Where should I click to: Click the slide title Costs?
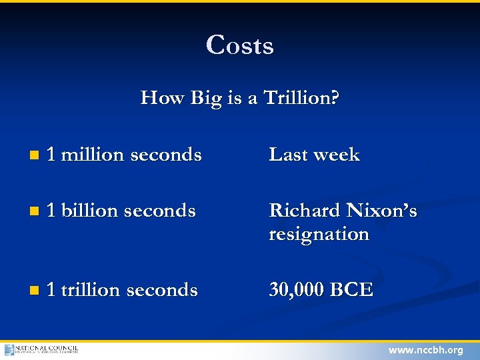(x=240, y=45)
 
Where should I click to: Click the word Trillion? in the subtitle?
(x=301, y=98)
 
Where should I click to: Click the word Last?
(x=288, y=155)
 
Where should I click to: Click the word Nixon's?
(x=381, y=211)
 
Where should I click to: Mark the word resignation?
(x=319, y=235)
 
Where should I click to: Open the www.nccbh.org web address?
(x=425, y=350)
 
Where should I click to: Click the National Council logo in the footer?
(x=41, y=349)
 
